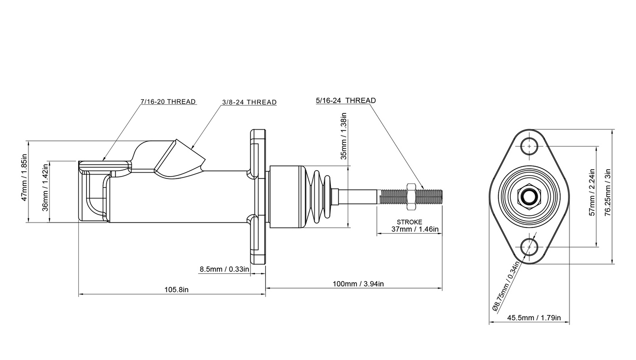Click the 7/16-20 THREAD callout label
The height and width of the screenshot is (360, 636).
pyautogui.click(x=168, y=102)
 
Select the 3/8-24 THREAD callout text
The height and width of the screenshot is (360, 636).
pyautogui.click(x=250, y=102)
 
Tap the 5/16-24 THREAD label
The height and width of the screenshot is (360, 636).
pyautogui.click(x=346, y=100)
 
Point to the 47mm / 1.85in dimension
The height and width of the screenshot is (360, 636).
pyautogui.click(x=24, y=178)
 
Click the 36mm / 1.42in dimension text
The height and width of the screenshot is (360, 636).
pyautogui.click(x=45, y=187)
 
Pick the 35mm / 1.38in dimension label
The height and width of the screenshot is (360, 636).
pyautogui.click(x=343, y=136)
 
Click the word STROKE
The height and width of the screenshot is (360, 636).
pyautogui.click(x=409, y=222)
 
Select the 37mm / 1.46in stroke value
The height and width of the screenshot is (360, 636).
pyautogui.click(x=415, y=229)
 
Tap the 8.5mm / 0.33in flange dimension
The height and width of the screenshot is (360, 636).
pyautogui.click(x=224, y=269)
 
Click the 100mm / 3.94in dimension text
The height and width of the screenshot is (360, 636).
pyautogui.click(x=358, y=284)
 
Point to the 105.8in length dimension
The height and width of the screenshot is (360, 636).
pyautogui.click(x=176, y=290)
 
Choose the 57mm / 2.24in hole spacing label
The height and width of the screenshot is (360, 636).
pyautogui.click(x=591, y=193)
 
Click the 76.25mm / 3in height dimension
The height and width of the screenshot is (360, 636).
pyautogui.click(x=608, y=193)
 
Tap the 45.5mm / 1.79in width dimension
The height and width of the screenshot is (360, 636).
pyautogui.click(x=534, y=318)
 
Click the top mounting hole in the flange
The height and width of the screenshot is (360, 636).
pyautogui.click(x=529, y=147)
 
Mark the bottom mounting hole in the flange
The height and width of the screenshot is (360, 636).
pyautogui.click(x=529, y=247)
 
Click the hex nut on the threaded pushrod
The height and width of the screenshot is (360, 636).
pyautogui.click(x=411, y=197)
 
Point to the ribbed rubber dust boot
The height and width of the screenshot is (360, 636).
pyautogui.click(x=320, y=197)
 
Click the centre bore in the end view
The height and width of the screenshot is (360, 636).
pyautogui.click(x=529, y=197)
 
